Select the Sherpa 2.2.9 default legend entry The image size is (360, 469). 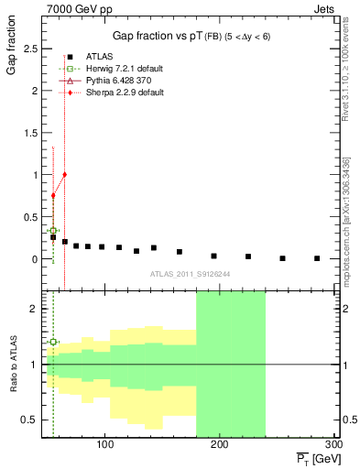coord(112,93)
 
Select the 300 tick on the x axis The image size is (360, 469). coord(332,445)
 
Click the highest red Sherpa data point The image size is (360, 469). coord(64,174)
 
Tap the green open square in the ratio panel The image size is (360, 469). coord(53,342)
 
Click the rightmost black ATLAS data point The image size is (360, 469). coord(317,258)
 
